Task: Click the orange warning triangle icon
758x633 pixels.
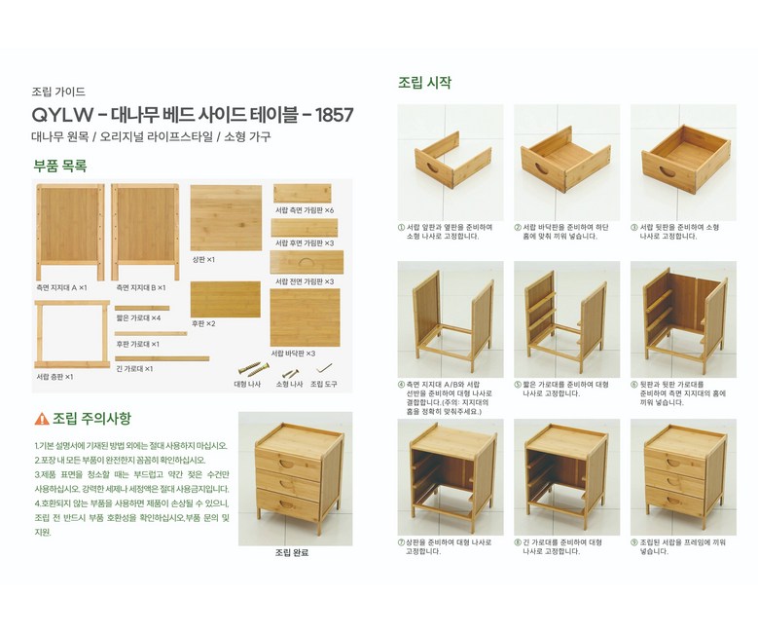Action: point(42,419)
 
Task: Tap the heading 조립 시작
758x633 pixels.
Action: point(424,83)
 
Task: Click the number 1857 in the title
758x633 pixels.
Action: point(334,115)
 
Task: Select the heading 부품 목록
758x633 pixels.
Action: point(60,166)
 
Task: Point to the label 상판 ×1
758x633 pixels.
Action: point(203,259)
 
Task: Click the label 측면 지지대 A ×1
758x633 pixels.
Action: point(61,287)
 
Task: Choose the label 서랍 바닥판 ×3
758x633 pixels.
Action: point(293,354)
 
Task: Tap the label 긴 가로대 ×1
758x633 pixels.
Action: point(134,368)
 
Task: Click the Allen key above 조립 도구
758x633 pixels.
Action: point(324,368)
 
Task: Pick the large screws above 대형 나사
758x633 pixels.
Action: point(254,369)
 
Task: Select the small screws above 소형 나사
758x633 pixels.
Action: point(290,373)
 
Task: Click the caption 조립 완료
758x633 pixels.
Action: point(292,553)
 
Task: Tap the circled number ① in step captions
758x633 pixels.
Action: point(401,227)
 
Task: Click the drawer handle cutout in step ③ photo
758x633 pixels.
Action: point(668,171)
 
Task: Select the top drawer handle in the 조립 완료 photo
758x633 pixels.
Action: point(287,465)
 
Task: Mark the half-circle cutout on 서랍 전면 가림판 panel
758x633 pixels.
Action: point(306,262)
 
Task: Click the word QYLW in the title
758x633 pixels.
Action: point(62,115)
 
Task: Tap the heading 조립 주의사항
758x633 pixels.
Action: point(91,419)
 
